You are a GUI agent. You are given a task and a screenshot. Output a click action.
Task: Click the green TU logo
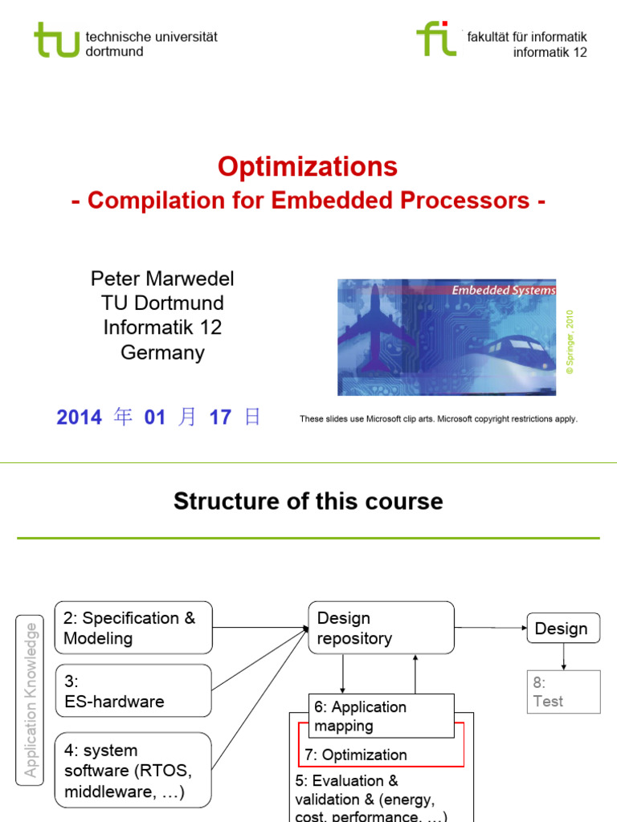56,39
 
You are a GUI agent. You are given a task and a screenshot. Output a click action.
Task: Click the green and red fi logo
436,39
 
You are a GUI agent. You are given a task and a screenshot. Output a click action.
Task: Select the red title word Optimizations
308,167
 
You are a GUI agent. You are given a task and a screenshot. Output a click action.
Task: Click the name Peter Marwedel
162,279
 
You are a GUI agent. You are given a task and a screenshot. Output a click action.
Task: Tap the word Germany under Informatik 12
162,352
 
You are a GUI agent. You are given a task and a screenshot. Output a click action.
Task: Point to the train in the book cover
514,353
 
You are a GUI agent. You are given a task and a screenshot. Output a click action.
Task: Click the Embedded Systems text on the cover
503,291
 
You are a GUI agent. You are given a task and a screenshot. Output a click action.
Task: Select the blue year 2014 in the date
79,417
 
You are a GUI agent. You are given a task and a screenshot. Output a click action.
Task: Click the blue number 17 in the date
220,417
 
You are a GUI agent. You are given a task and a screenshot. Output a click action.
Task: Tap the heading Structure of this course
308,502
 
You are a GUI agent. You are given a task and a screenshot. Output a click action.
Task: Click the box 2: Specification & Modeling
133,628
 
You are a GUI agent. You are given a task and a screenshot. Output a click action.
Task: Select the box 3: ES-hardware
133,691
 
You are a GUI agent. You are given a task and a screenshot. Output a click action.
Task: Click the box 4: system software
133,771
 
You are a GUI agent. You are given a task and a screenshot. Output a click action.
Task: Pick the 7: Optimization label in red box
356,755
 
